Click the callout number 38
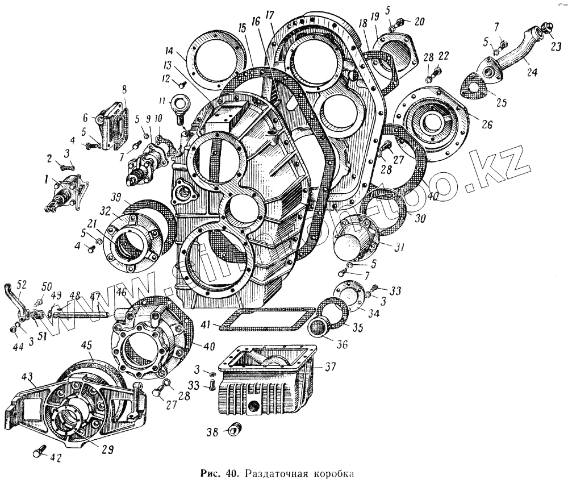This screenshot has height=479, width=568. tap(211, 432)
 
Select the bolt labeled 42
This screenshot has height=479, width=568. tap(38, 453)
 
